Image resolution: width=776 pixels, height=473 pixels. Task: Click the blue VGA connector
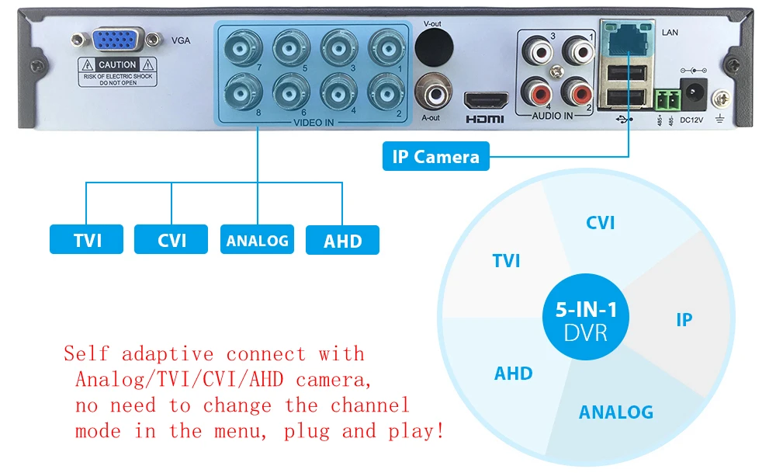pyautogui.click(x=118, y=41)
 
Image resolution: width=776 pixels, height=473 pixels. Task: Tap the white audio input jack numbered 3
pyautogui.click(x=538, y=50)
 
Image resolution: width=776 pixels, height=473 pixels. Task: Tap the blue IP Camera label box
pyautogui.click(x=436, y=156)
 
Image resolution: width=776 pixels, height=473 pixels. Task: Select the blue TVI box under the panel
pyautogui.click(x=87, y=240)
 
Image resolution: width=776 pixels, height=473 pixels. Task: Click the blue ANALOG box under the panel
pyautogui.click(x=257, y=240)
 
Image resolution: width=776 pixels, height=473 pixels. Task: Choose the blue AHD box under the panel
pyautogui.click(x=342, y=240)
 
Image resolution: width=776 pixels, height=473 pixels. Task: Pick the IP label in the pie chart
pyautogui.click(x=684, y=319)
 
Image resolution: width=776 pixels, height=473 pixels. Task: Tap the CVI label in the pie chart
pyautogui.click(x=600, y=223)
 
